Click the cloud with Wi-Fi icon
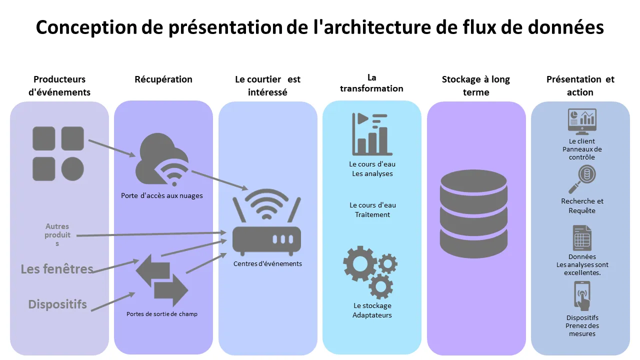(x=161, y=160)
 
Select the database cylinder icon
(x=473, y=213)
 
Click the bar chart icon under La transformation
(x=372, y=134)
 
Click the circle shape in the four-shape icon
(x=72, y=168)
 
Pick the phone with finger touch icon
(x=582, y=296)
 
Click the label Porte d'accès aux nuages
(x=162, y=195)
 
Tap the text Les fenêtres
(x=57, y=269)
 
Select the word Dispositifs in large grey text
(x=57, y=304)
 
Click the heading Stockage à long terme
(x=475, y=85)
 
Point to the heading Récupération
(x=163, y=79)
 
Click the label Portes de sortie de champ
(x=162, y=314)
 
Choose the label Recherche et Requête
(x=582, y=205)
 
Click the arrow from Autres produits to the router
(x=150, y=234)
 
